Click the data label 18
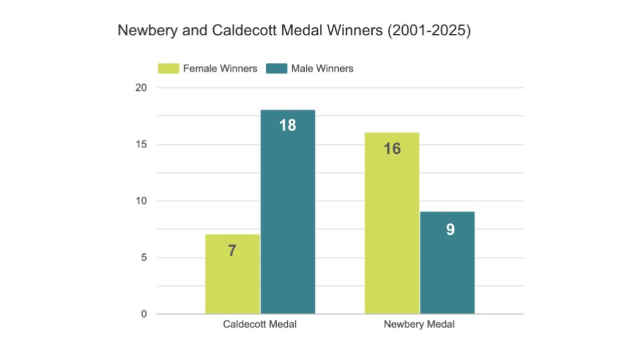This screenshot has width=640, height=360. click(287, 125)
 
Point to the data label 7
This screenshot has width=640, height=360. click(232, 251)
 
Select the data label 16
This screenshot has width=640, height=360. click(392, 149)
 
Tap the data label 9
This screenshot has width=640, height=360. click(450, 229)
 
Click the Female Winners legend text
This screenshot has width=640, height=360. click(220, 69)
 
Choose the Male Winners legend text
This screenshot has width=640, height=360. click(322, 69)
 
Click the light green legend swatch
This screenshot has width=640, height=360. click(168, 69)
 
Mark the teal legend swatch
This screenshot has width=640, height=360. click(276, 69)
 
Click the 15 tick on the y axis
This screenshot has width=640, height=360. click(143, 145)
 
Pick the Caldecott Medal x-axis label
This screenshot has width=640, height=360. click(259, 325)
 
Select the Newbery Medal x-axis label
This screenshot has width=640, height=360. click(419, 325)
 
